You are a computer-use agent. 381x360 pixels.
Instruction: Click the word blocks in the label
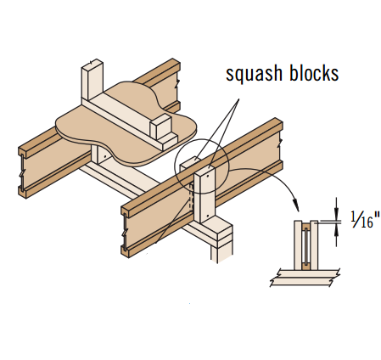(x=314, y=73)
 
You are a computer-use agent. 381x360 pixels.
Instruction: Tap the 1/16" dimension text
(x=365, y=219)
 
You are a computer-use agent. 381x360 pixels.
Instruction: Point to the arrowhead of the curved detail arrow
(x=296, y=205)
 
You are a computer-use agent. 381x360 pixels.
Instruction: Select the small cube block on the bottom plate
(x=160, y=127)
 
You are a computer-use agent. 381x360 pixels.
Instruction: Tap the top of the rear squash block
(x=190, y=162)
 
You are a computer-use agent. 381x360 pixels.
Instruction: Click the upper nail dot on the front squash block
(x=208, y=176)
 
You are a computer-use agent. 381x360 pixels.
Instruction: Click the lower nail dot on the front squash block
(x=208, y=216)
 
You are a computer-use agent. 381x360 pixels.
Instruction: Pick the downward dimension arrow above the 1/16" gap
(x=336, y=209)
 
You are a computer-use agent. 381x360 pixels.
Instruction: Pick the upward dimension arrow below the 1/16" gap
(x=336, y=234)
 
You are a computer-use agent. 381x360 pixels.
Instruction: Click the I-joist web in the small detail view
(x=305, y=246)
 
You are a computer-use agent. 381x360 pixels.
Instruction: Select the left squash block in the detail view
(x=298, y=245)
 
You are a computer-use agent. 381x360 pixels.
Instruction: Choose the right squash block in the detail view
(x=314, y=245)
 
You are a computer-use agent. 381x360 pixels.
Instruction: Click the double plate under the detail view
(x=305, y=278)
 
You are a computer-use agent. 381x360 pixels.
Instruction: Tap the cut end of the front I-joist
(x=126, y=232)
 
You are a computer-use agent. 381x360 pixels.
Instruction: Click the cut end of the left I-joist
(x=23, y=172)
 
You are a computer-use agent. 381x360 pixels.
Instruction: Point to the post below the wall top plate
(x=221, y=252)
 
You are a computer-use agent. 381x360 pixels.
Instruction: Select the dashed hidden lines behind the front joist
(x=192, y=197)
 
